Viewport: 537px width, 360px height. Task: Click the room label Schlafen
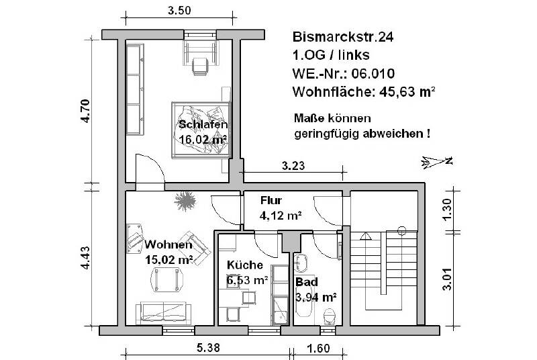(203, 125)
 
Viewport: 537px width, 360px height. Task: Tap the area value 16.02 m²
(202, 139)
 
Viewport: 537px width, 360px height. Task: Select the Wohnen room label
(169, 244)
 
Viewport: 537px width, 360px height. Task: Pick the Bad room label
(307, 282)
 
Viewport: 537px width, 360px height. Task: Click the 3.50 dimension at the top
(179, 10)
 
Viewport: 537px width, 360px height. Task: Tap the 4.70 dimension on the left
(84, 111)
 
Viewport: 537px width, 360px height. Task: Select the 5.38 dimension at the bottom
(206, 349)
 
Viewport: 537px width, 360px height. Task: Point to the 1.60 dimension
(319, 349)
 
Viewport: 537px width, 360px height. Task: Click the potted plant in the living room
(185, 200)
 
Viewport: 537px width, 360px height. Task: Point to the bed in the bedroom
(201, 130)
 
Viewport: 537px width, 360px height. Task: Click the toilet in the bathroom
(329, 314)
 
